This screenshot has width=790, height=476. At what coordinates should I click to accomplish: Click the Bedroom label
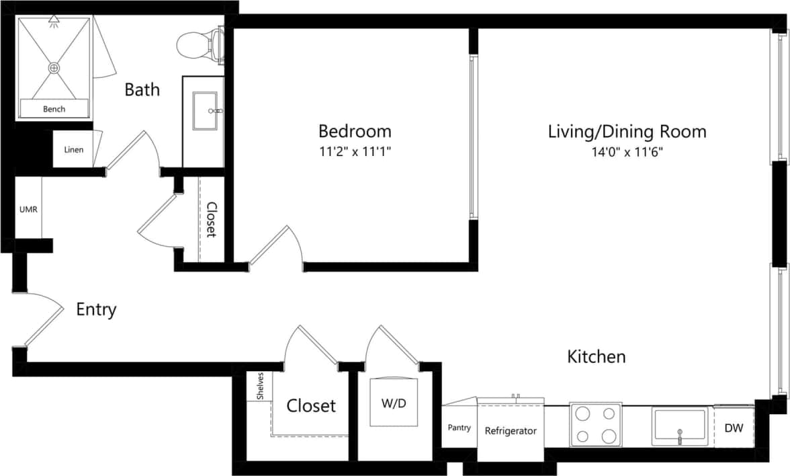[355, 130]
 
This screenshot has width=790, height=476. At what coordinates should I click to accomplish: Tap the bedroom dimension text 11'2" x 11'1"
[355, 152]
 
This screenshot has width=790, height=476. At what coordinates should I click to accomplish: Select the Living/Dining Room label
[627, 130]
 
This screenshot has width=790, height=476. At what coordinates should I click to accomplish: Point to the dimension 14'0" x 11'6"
[627, 152]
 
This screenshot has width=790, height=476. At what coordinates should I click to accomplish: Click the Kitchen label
[597, 356]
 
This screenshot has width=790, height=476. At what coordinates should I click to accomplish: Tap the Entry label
[96, 310]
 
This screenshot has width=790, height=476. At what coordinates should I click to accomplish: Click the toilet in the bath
[197, 45]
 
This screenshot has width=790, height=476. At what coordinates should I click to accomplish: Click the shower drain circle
[54, 68]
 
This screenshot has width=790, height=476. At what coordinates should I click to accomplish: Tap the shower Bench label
[54, 109]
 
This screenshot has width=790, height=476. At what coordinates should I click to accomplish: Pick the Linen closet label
[73, 149]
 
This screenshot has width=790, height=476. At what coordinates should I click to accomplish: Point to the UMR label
[28, 209]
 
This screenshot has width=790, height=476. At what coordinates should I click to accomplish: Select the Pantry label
[459, 428]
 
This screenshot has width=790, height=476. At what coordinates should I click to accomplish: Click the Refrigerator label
[511, 431]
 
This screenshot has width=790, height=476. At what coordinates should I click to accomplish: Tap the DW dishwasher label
[734, 428]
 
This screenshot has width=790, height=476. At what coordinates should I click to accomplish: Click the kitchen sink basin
[679, 426]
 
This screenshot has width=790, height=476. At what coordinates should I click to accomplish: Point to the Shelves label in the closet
[260, 387]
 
